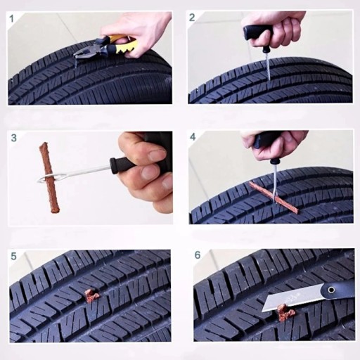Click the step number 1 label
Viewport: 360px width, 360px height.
coord(12,19)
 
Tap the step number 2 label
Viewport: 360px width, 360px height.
coord(192,18)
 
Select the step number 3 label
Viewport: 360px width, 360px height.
coord(14,138)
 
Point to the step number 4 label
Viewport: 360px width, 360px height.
coord(193,137)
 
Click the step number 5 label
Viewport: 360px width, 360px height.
coord(13,256)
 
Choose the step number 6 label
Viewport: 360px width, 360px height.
coord(198,255)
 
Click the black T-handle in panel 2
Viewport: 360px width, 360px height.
coord(259,35)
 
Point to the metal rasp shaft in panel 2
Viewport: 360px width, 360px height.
coord(268,66)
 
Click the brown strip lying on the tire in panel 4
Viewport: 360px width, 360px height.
coord(274,198)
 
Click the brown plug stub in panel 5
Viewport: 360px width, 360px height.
coord(91,295)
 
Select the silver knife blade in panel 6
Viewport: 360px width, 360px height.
coord(292,297)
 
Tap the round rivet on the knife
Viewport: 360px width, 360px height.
coord(331,290)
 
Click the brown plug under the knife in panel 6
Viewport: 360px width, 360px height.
coord(285,312)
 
